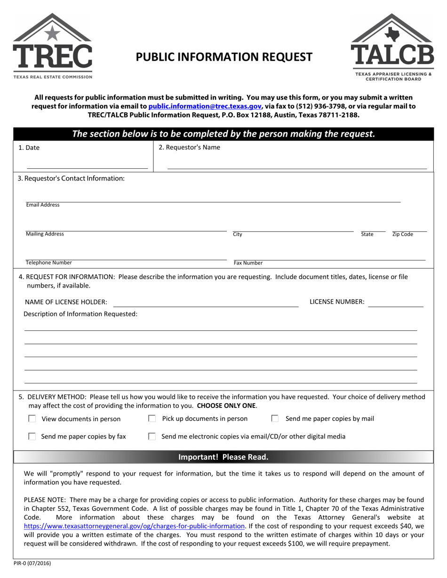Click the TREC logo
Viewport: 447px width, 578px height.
pyautogui.click(x=52, y=46)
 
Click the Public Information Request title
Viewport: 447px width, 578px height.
pyautogui.click(x=224, y=57)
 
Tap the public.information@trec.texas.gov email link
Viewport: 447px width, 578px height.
pyautogui.click(x=205, y=106)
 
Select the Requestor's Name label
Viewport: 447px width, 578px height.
pyautogui.click(x=189, y=147)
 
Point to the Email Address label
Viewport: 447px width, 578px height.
pyautogui.click(x=43, y=205)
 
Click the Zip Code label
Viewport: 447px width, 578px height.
pyautogui.click(x=402, y=234)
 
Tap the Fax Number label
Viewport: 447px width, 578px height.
pyautogui.click(x=248, y=263)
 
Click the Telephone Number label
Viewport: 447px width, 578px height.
pyautogui.click(x=49, y=263)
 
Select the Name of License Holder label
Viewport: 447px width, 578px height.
pyautogui.click(x=65, y=302)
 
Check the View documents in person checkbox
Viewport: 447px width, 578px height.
pyautogui.click(x=32, y=419)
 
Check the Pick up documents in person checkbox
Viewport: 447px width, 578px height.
pyautogui.click(x=152, y=418)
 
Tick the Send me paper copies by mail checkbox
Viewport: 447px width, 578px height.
pyautogui.click(x=275, y=418)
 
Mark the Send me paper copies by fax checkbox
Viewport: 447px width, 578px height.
pyautogui.click(x=32, y=437)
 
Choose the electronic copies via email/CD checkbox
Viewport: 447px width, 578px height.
pyautogui.click(x=152, y=437)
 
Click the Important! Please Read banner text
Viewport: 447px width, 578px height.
pyautogui.click(x=223, y=457)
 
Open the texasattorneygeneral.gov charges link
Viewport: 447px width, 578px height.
pyautogui.click(x=134, y=526)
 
